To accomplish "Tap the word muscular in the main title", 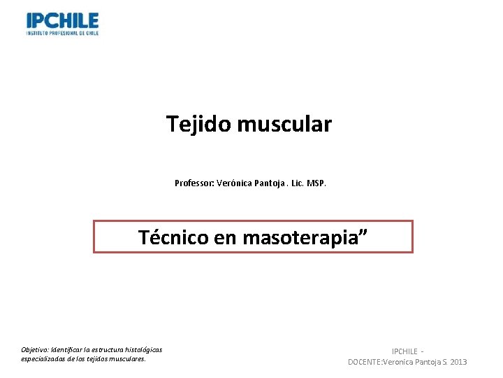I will pos(284,125).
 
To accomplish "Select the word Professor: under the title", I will pos(194,183).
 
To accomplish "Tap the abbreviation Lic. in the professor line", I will pos(298,183).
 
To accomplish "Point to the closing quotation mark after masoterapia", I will pos(362,233).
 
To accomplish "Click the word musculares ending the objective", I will pos(126,358).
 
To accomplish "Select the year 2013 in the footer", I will pos(459,362).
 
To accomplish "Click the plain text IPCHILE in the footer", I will pos(404,351).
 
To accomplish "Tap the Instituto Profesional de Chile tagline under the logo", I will pos(62,32).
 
